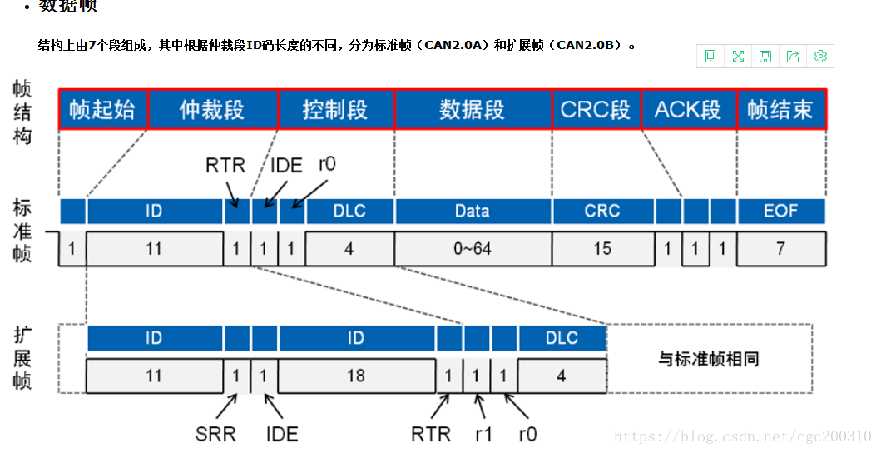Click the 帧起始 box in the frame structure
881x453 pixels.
click(102, 109)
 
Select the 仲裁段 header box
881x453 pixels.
click(212, 109)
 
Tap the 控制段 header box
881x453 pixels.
click(335, 109)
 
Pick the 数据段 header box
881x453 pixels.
click(472, 109)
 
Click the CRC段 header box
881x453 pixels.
click(596, 109)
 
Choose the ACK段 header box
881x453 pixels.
click(688, 109)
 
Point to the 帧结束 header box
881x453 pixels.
click(780, 109)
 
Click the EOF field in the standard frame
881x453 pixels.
click(780, 211)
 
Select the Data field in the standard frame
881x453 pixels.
click(472, 211)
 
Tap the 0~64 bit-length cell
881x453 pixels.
click(472, 248)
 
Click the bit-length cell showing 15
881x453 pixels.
click(601, 248)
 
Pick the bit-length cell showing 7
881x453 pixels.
click(780, 248)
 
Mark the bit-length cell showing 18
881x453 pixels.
click(355, 376)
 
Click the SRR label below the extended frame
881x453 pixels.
click(215, 434)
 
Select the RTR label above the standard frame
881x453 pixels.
click(225, 165)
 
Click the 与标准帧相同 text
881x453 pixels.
click(708, 359)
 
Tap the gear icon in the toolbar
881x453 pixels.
click(820, 57)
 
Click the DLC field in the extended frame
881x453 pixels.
click(562, 338)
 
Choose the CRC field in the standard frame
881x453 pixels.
click(601, 211)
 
